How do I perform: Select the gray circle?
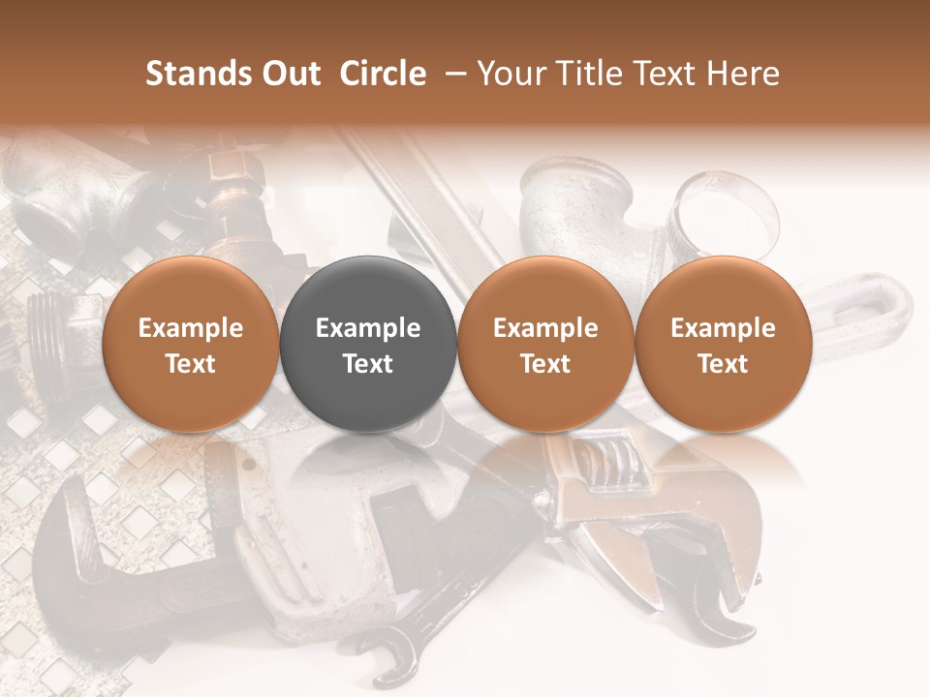(368, 344)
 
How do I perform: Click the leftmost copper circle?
(190, 344)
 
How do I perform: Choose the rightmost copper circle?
(724, 344)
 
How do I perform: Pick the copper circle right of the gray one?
(545, 344)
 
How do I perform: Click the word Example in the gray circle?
(368, 328)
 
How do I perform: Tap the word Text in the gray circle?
(368, 364)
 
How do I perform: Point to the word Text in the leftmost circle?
(190, 364)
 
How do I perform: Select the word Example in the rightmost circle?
(724, 328)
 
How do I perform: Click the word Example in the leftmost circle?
(190, 328)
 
